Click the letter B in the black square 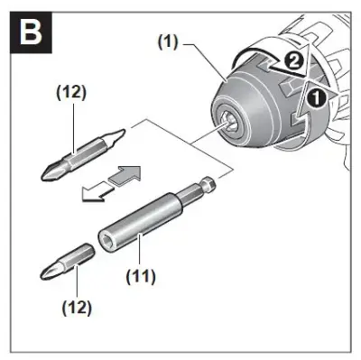(31, 32)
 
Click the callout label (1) (168, 42)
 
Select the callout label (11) (141, 276)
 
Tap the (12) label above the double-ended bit (71, 93)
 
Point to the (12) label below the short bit (77, 308)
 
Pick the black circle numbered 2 (293, 61)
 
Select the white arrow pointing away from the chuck (97, 191)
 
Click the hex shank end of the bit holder (208, 183)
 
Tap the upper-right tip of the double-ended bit (119, 133)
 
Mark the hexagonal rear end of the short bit (87, 251)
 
